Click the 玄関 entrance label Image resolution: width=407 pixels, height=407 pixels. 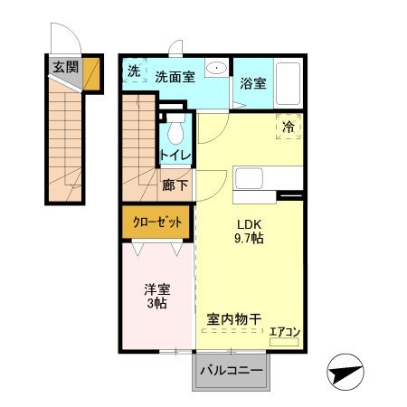click(64, 66)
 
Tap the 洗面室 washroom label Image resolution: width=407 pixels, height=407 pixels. click(174, 77)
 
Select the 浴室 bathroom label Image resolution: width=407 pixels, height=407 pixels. click(253, 84)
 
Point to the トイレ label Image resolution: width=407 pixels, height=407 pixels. click(175, 155)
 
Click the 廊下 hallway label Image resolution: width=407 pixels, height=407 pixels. click(175, 185)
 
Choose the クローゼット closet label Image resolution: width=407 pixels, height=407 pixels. click(157, 222)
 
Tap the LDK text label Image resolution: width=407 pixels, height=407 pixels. click(249, 225)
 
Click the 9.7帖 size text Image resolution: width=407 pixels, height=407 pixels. click(249, 241)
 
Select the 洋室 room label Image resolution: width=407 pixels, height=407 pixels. click(157, 291)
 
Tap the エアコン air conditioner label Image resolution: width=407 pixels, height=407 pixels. click(285, 332)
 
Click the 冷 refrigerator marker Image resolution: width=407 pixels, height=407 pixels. click(288, 128)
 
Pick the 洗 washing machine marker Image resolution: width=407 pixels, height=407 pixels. click(133, 71)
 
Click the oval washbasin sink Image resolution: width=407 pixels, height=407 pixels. click(217, 70)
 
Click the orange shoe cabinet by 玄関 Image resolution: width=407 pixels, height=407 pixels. click(91, 77)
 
